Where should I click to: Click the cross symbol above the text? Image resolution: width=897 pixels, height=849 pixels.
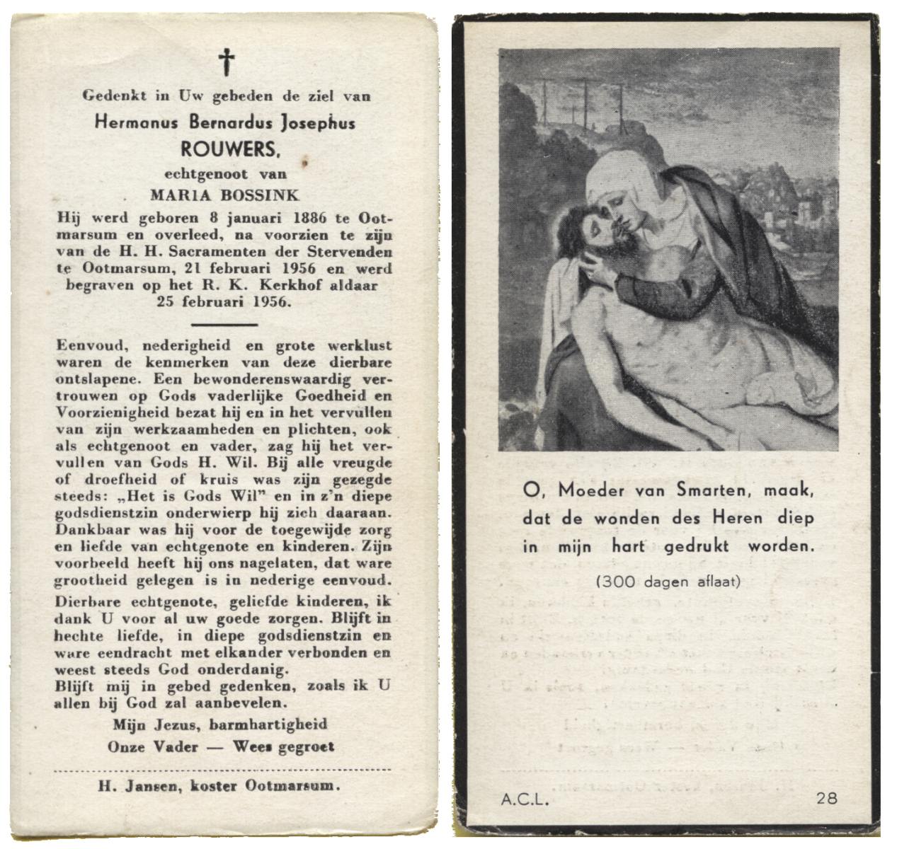(227, 62)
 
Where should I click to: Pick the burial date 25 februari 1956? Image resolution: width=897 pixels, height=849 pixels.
(226, 302)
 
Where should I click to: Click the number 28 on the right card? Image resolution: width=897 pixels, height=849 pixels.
(827, 799)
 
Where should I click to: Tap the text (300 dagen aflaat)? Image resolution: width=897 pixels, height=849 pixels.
(668, 582)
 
